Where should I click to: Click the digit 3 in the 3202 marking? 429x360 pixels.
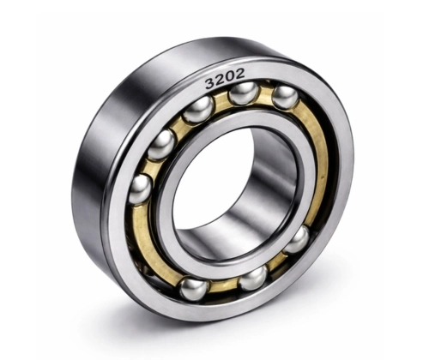click(x=209, y=85)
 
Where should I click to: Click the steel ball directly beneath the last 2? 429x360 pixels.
click(x=243, y=93)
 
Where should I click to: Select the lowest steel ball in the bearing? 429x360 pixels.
click(x=194, y=288)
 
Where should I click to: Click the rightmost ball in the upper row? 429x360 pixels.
click(x=285, y=96)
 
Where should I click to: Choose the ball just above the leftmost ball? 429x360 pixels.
click(x=161, y=144)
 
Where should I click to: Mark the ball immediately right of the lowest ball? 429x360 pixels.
click(x=254, y=278)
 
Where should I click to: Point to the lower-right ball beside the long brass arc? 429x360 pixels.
click(x=297, y=239)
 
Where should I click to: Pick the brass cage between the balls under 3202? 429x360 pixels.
click(x=221, y=101)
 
